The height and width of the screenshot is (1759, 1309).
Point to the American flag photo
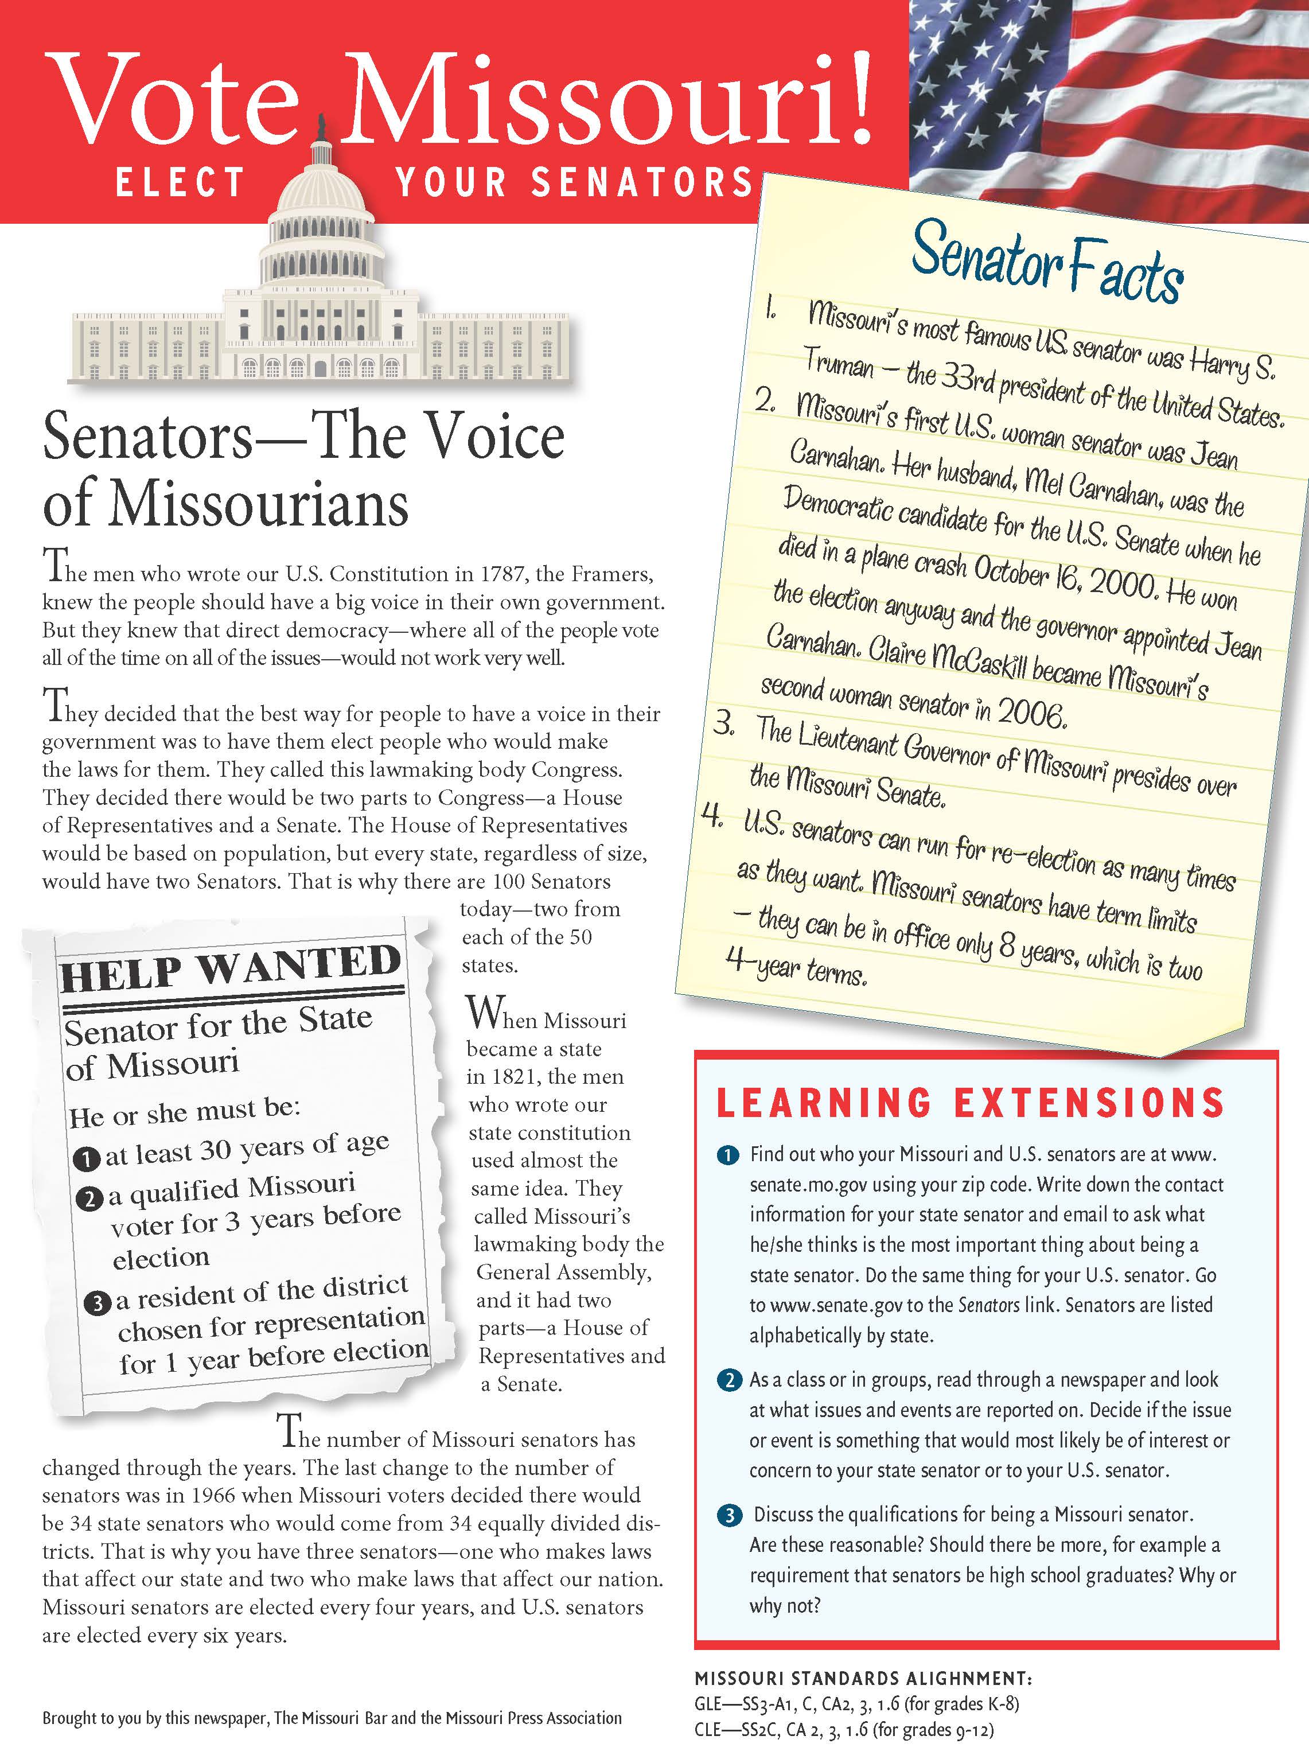pos(1109,95)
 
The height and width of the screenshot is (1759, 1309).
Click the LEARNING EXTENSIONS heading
pos(970,1102)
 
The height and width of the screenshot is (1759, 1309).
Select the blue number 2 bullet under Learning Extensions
pos(727,1380)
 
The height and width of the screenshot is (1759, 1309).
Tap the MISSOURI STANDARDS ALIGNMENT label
pos(863,1678)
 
